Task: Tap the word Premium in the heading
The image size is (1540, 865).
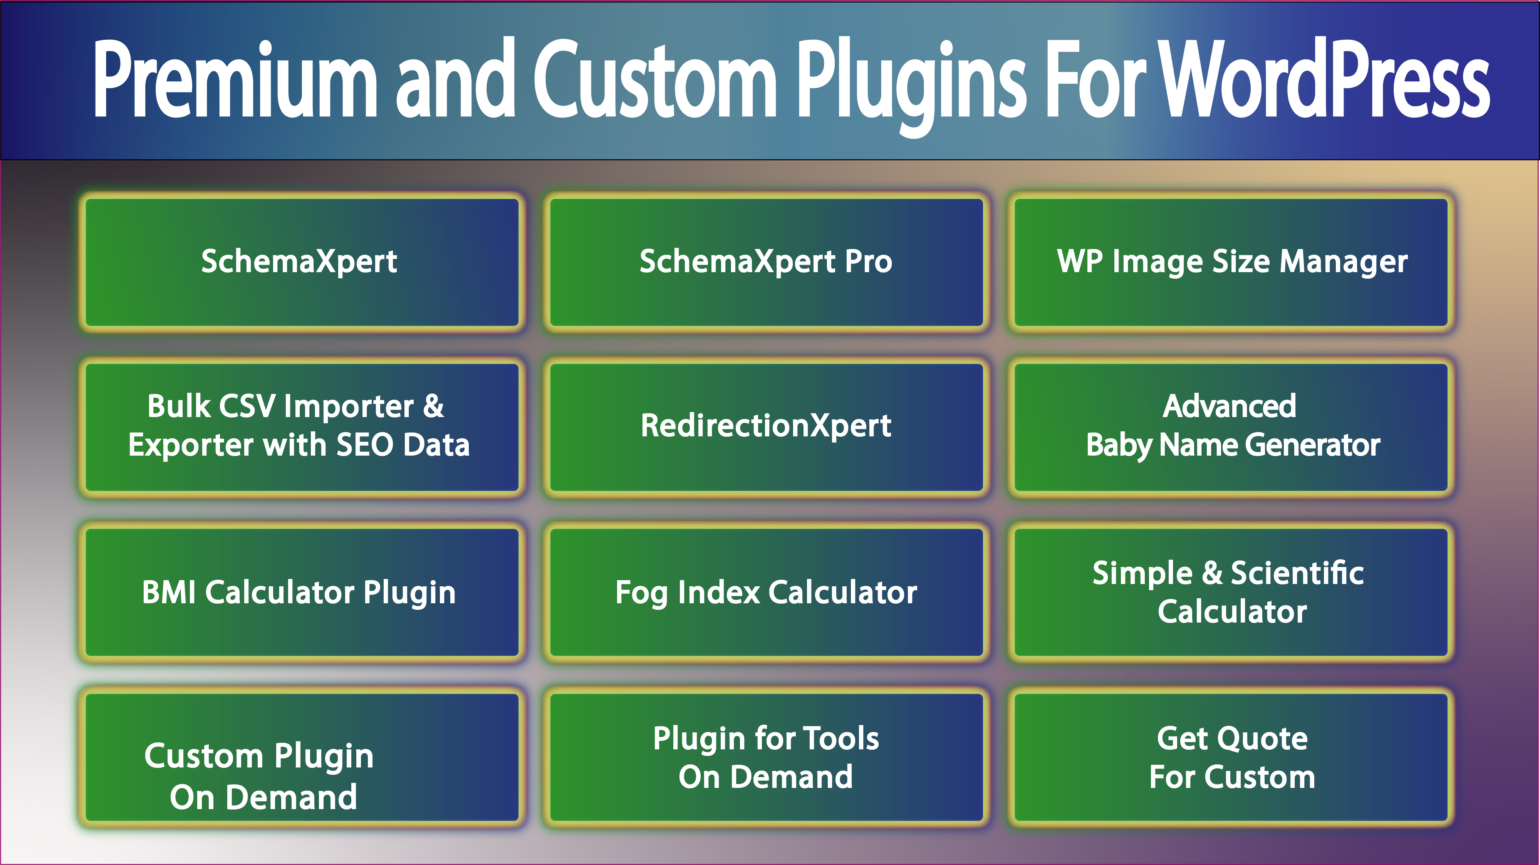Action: [235, 79]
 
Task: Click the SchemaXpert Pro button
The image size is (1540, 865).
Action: [766, 262]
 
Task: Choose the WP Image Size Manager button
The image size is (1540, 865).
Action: [1231, 262]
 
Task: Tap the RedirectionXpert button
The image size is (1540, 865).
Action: [766, 426]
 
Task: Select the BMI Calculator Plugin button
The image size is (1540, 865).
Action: [299, 592]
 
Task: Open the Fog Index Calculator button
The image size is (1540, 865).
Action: [766, 592]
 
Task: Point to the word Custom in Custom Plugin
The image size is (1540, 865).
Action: [203, 756]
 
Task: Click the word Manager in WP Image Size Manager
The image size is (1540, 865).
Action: [1343, 262]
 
